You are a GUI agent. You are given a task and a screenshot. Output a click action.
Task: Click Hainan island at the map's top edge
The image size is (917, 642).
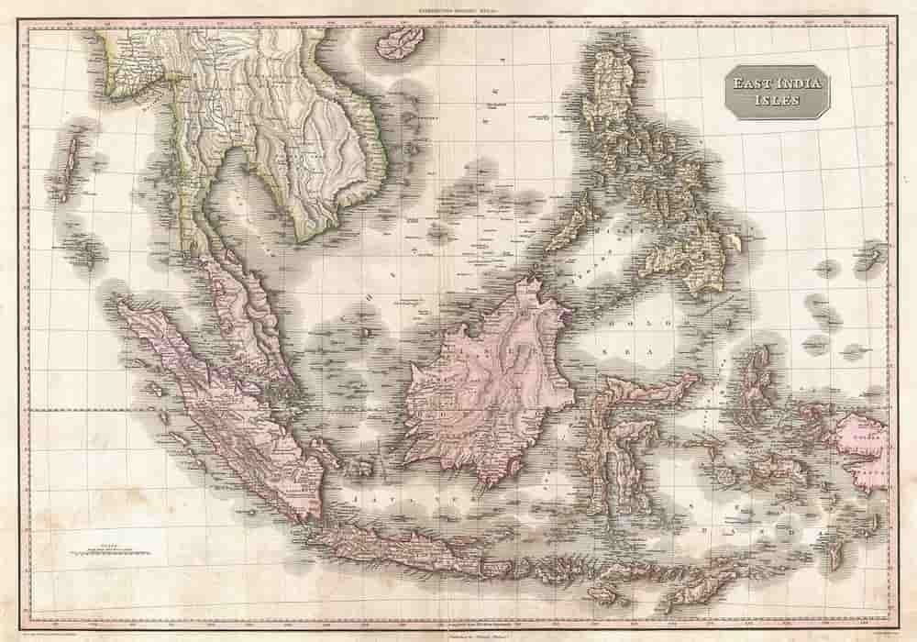click(402, 41)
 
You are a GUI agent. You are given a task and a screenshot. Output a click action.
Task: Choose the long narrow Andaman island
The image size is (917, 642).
click(68, 165)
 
